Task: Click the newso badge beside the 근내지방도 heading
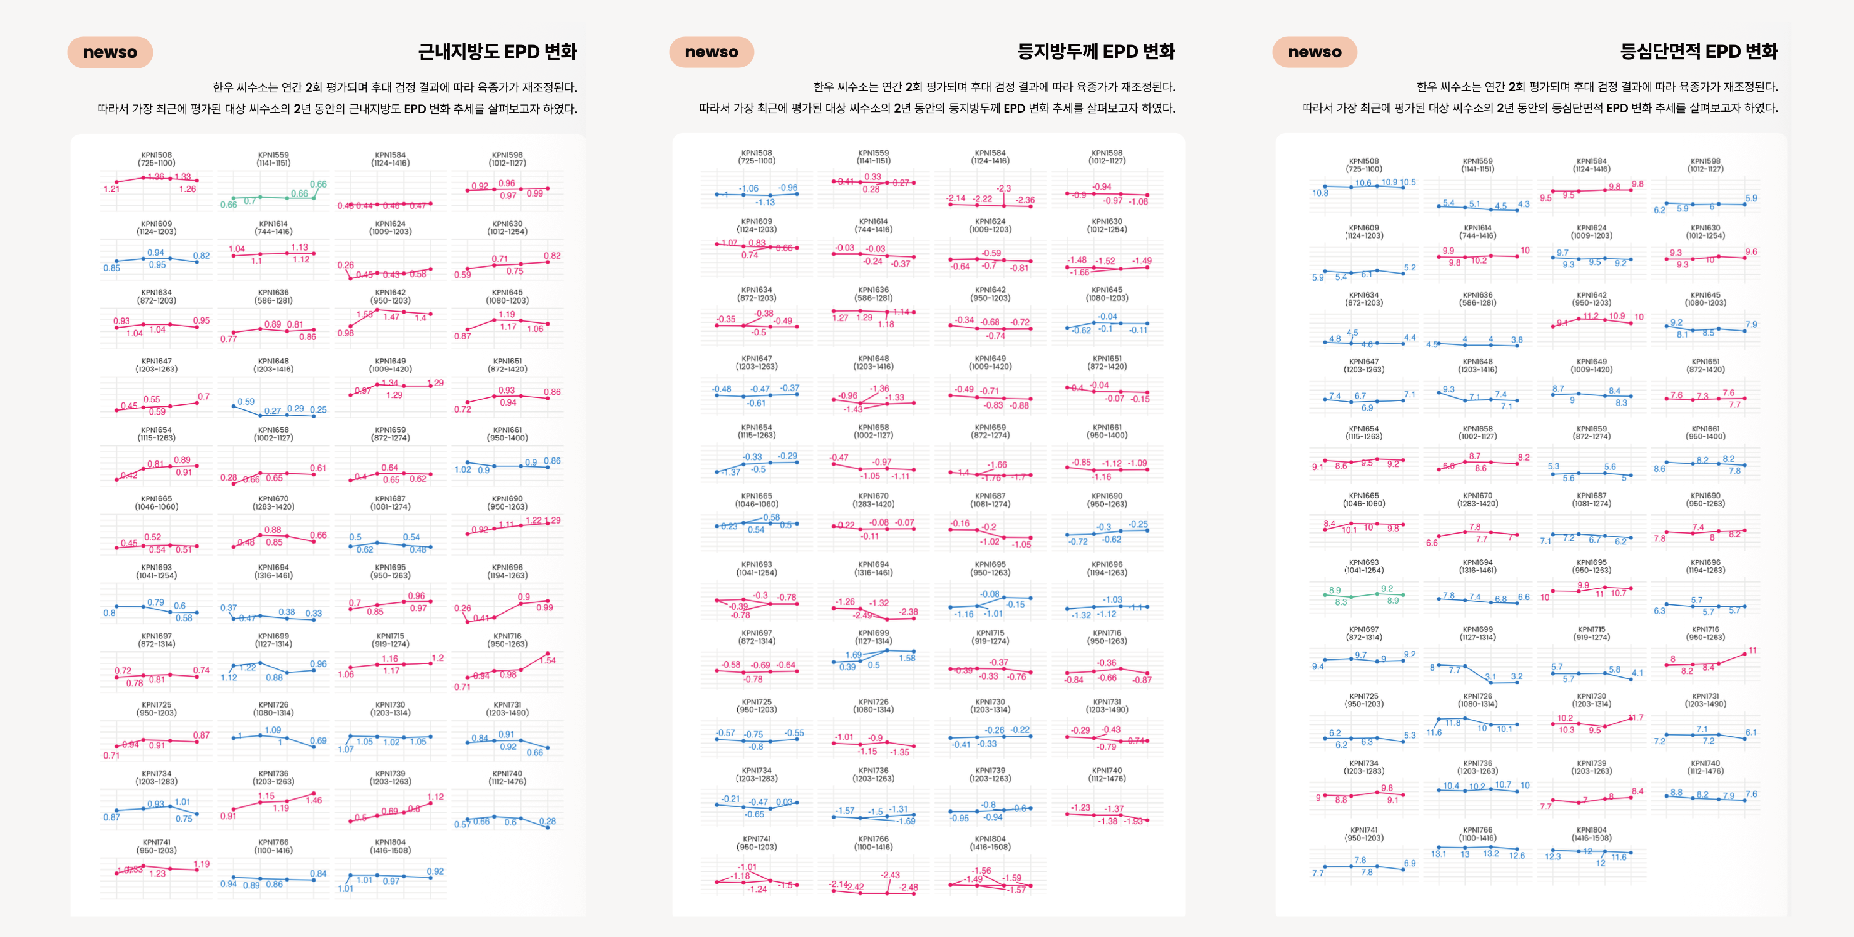110,52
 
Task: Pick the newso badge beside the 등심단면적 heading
1314,52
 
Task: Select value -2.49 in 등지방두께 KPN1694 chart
862,615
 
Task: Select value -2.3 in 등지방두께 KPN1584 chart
1003,189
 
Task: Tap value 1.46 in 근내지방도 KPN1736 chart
314,800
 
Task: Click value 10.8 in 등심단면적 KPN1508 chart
1320,193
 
